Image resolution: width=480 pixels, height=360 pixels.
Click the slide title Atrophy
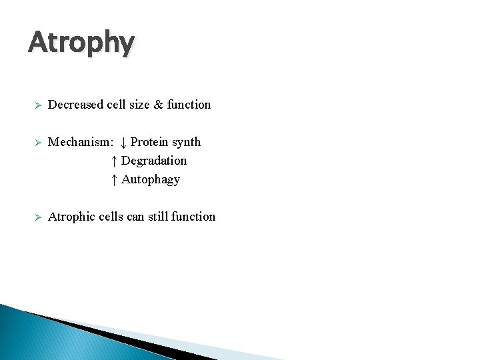click(81, 43)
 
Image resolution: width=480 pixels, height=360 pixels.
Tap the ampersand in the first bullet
click(158, 105)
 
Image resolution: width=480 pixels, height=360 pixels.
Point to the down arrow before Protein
click(124, 142)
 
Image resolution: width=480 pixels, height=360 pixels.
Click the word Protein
click(149, 142)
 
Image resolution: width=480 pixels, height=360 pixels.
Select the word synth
click(186, 142)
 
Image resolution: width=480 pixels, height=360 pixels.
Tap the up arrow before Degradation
click(115, 161)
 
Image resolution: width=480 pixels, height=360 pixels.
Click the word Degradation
click(154, 161)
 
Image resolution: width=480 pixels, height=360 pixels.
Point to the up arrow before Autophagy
click(115, 179)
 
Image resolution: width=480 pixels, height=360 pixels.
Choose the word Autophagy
click(151, 180)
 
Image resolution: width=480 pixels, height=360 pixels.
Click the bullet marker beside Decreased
click(39, 105)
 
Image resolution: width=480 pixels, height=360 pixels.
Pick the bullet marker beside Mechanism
click(39, 143)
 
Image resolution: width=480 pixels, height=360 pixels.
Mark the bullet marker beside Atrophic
click(39, 217)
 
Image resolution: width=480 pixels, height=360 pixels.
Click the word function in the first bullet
click(189, 105)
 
